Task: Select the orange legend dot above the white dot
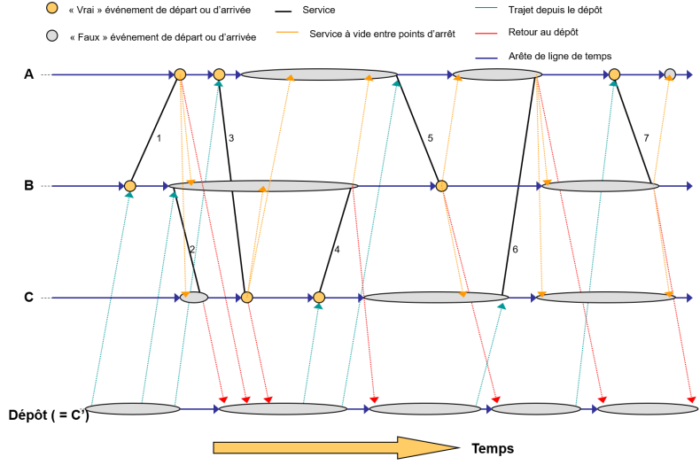52,8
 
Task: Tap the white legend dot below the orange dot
52,35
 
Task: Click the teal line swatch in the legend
486,8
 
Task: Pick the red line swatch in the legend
486,34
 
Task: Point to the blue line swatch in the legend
486,58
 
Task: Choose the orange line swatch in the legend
287,32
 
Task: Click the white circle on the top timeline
670,74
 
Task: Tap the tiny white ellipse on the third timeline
194,298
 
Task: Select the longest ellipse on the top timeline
319,74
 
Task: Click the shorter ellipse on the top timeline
497,74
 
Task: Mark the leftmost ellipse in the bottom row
133,409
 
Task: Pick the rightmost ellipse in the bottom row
648,409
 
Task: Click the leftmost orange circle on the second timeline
130,186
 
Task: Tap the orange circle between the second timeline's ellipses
441,186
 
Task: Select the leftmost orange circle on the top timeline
180,74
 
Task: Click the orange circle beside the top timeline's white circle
614,74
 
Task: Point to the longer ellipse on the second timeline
263,186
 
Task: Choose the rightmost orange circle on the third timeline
319,298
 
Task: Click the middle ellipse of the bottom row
425,409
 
